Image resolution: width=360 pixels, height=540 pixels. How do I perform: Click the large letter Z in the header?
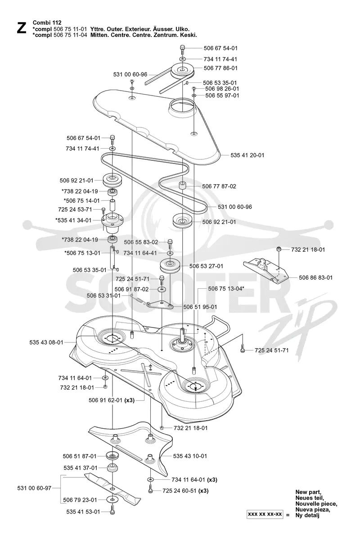coord(21,28)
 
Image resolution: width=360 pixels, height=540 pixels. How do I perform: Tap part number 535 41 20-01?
coord(247,155)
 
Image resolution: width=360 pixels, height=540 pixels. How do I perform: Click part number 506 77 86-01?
coord(220,68)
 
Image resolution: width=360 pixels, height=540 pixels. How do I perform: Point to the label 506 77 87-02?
coord(219,186)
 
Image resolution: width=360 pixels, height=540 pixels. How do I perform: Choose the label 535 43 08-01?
coord(46,342)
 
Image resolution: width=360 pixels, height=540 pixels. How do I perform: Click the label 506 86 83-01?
coord(315,277)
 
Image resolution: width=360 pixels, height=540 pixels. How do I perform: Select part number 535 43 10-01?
coord(190,456)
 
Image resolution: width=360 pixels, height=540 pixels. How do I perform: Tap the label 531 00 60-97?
coord(34,488)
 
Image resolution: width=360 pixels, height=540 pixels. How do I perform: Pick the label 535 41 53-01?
coord(83,512)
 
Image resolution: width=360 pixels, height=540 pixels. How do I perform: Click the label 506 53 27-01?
coord(206,266)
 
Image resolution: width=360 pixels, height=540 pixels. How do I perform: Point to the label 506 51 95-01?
coord(200,307)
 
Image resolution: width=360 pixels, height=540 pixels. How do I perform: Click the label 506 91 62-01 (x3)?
coord(112,400)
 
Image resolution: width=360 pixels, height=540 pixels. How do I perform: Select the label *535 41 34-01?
coord(73,220)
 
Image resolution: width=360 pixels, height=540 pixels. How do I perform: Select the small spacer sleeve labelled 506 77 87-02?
coord(182,186)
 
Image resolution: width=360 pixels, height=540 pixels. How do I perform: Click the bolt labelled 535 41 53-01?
coord(112,512)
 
